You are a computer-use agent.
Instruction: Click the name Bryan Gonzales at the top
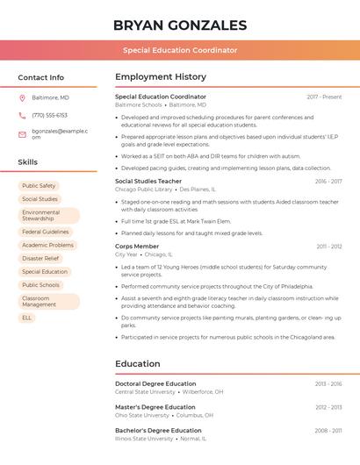click(179, 25)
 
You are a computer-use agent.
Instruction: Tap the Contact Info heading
click(41, 77)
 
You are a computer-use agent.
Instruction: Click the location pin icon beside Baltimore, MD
click(22, 97)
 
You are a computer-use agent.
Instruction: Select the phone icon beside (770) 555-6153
click(22, 115)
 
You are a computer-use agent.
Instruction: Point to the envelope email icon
click(22, 134)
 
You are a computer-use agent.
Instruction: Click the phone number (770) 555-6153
click(49, 115)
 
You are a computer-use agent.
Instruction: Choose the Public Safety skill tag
click(39, 186)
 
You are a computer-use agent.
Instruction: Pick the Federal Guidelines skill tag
click(45, 232)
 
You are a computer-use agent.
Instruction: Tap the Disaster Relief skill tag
click(40, 259)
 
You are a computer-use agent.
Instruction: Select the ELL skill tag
click(26, 318)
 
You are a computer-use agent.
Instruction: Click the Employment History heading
click(161, 77)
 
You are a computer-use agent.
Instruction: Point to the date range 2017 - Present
click(324, 97)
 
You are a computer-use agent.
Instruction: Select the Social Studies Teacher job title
click(148, 181)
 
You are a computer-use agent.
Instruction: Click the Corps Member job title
click(137, 247)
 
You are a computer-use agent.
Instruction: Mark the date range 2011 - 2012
click(329, 247)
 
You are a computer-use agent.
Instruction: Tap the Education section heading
click(138, 364)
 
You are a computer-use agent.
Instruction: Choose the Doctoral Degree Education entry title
click(155, 383)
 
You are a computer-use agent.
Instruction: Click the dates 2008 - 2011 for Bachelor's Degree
click(328, 431)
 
